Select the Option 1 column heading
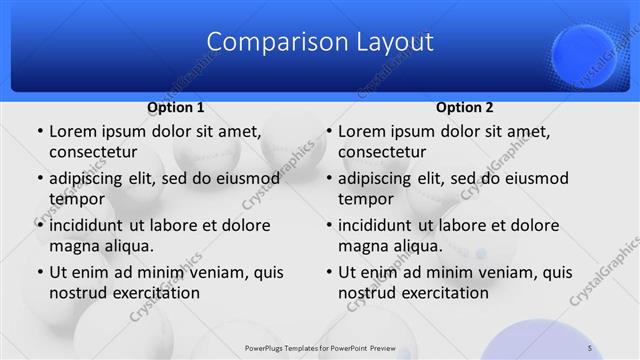pos(176,108)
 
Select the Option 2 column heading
pos(465,108)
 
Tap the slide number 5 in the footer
pos(590,347)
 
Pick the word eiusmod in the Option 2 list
pos(530,179)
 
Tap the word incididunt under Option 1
pos(91,226)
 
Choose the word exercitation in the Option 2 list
pos(444,294)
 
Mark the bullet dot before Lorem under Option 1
pos(39,132)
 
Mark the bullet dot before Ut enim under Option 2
pos(328,272)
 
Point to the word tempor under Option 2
pos(365,198)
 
